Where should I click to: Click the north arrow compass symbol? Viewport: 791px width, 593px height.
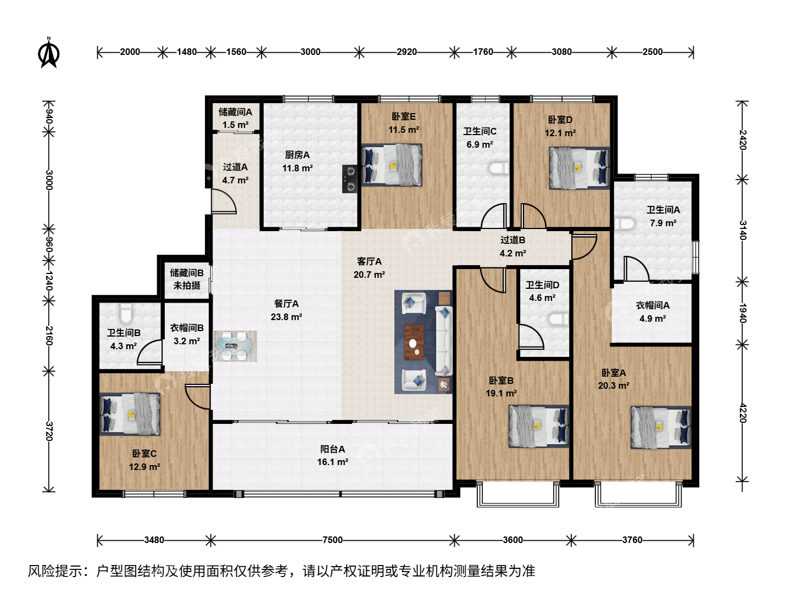pyautogui.click(x=49, y=53)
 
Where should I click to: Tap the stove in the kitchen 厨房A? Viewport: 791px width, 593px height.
pyautogui.click(x=349, y=178)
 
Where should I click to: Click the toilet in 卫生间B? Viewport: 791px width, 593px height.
pyautogui.click(x=126, y=313)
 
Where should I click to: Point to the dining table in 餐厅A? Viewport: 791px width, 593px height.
pyautogui.click(x=235, y=346)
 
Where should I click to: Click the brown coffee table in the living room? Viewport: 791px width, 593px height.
pyautogui.click(x=414, y=342)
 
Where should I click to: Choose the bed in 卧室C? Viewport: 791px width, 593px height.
pyautogui.click(x=130, y=414)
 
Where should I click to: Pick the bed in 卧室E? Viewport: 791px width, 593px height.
pyautogui.click(x=392, y=165)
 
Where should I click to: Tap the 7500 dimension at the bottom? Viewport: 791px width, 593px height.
pyautogui.click(x=332, y=540)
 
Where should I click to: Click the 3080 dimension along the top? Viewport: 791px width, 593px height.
pyautogui.click(x=561, y=52)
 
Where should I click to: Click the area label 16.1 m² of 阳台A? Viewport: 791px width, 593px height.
pyautogui.click(x=332, y=462)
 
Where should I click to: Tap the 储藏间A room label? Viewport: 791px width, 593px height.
pyautogui.click(x=235, y=112)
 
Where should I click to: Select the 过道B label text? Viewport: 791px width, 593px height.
pyautogui.click(x=513, y=240)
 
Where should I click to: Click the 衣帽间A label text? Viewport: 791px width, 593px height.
pyautogui.click(x=653, y=305)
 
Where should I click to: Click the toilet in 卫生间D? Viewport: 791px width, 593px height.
pyautogui.click(x=558, y=318)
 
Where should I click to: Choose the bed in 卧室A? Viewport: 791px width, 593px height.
pyautogui.click(x=661, y=427)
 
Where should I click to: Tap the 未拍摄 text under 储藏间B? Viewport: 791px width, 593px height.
pyautogui.click(x=187, y=286)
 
